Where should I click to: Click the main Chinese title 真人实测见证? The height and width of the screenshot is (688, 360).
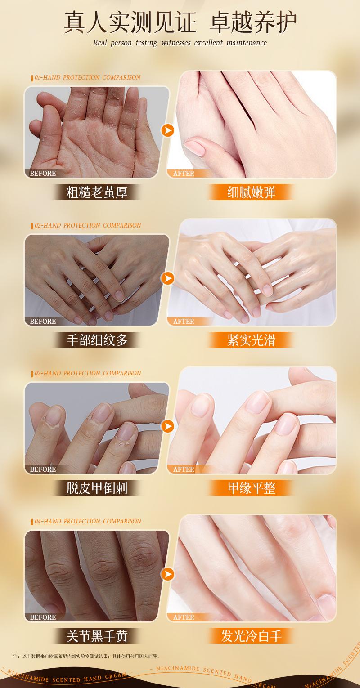click(130, 22)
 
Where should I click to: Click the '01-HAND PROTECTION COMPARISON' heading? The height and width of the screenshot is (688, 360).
click(87, 77)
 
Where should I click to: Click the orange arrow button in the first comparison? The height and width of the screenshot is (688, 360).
click(168, 130)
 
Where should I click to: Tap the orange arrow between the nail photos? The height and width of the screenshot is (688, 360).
click(168, 426)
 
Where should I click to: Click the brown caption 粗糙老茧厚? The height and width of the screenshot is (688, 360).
click(97, 192)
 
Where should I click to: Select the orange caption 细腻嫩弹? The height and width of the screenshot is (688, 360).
click(251, 192)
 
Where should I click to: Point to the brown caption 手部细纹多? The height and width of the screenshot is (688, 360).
click(97, 340)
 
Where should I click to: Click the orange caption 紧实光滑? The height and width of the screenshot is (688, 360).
click(251, 340)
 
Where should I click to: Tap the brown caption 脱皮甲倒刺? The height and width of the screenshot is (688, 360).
click(97, 488)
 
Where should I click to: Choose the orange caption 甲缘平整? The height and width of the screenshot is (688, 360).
click(251, 488)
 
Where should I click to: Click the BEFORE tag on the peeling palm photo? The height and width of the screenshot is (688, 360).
click(43, 174)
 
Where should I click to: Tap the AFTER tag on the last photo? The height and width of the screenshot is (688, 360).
click(184, 617)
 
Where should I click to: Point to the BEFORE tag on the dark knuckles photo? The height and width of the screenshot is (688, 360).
click(43, 617)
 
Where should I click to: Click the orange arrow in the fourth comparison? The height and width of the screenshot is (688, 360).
click(168, 574)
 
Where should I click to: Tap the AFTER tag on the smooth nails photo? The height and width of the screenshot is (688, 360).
click(184, 469)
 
